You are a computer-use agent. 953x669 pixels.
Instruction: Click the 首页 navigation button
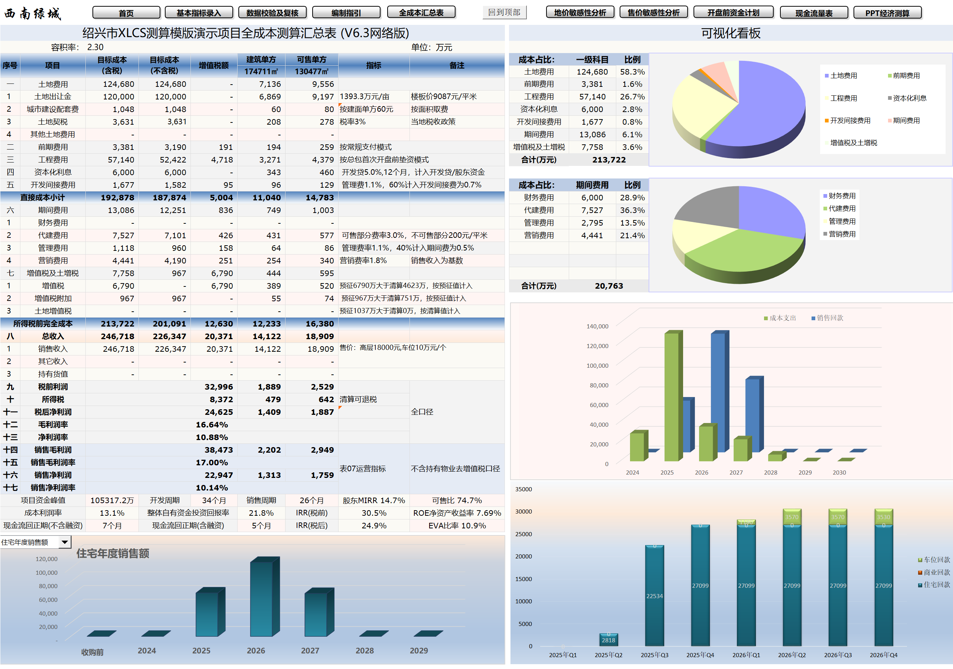(x=126, y=13)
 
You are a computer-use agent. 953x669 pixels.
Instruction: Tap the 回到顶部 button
(x=504, y=13)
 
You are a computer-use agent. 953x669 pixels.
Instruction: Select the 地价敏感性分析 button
(x=580, y=13)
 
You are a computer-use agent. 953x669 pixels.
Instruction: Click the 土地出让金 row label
(x=53, y=96)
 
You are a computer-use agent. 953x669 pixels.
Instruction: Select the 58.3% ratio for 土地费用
(x=632, y=72)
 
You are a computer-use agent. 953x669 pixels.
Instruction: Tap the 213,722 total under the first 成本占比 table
(x=608, y=160)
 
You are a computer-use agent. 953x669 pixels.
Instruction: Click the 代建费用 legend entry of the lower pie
(x=842, y=209)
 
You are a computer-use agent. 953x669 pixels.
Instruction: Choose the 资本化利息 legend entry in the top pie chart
(x=910, y=98)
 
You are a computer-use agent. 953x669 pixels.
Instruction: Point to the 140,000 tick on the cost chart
(x=597, y=327)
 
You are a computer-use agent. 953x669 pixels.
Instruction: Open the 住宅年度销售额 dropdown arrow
(x=65, y=542)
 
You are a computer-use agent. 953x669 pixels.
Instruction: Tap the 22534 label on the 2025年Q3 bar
(x=654, y=596)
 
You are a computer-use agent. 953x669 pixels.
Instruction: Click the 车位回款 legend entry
(x=936, y=560)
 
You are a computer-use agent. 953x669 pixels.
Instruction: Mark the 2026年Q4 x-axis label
(x=883, y=655)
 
